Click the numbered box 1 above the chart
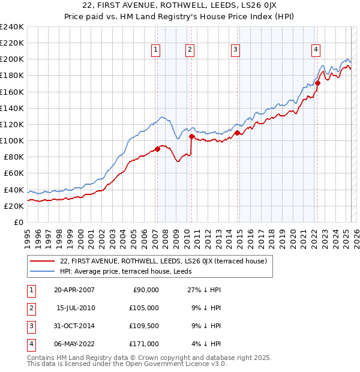coord(155,50)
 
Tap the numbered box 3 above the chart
coord(236,50)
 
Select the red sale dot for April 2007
coord(157,149)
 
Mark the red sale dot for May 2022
coord(317,83)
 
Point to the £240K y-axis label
coord(11,27)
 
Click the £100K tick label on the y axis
coord(11,140)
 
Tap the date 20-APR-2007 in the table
coord(74,290)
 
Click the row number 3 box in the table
coord(31,326)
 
